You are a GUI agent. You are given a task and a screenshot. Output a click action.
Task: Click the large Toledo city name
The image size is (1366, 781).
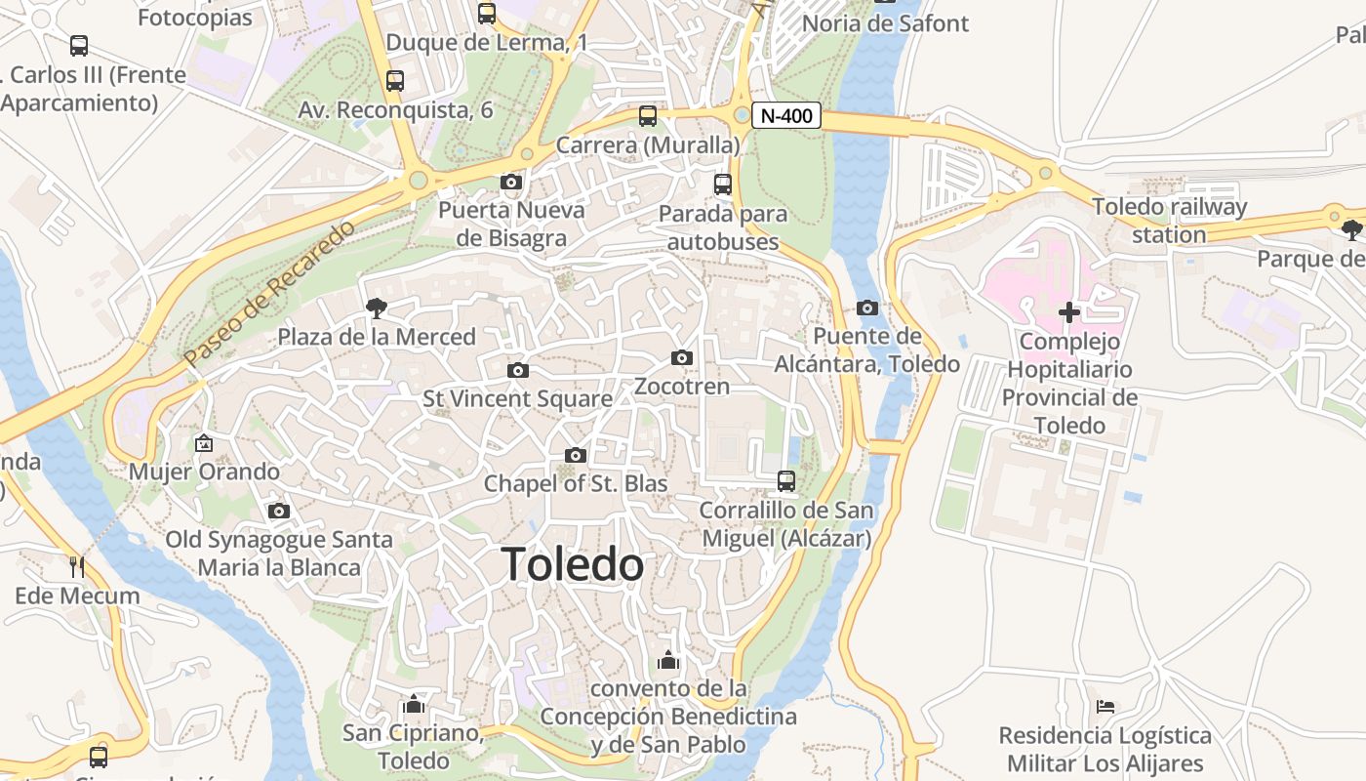pyautogui.click(x=573, y=565)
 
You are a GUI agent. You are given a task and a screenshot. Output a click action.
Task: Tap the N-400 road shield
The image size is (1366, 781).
pyautogui.click(x=785, y=115)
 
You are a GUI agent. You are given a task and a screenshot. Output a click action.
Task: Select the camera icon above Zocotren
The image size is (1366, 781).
pyautogui.click(x=682, y=358)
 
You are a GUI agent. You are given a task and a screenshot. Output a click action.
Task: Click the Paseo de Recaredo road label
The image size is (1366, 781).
pyautogui.click(x=270, y=295)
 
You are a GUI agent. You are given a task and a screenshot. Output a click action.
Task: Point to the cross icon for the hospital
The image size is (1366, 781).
pyautogui.click(x=1069, y=312)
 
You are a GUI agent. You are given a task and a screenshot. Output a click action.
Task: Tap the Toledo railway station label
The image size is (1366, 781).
pyautogui.click(x=1169, y=221)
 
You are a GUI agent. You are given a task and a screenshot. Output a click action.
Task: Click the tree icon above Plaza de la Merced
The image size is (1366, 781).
pyautogui.click(x=376, y=309)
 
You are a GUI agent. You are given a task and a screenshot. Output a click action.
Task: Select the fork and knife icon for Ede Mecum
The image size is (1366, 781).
pyautogui.click(x=77, y=567)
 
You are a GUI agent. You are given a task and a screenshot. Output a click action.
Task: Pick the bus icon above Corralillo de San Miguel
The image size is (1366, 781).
pyautogui.click(x=785, y=481)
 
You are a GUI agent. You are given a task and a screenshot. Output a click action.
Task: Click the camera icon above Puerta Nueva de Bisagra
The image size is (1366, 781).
pyautogui.click(x=510, y=182)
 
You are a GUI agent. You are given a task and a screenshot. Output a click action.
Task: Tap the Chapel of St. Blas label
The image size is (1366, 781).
pyautogui.click(x=576, y=483)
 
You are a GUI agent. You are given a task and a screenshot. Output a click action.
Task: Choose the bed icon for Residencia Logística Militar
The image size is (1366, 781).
pyautogui.click(x=1105, y=707)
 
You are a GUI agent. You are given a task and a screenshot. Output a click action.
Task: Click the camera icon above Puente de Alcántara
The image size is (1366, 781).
pyautogui.click(x=866, y=308)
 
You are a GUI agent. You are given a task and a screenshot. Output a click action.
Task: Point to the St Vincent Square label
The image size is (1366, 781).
pyautogui.click(x=517, y=398)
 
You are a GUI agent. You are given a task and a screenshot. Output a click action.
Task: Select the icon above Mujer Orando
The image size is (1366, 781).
pyautogui.click(x=204, y=443)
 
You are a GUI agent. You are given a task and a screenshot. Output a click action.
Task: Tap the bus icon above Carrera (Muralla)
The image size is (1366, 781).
pyautogui.click(x=648, y=116)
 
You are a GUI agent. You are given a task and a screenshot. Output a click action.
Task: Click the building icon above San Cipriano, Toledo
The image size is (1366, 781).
pyautogui.click(x=414, y=704)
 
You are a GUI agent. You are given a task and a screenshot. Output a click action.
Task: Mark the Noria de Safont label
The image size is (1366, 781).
pyautogui.click(x=885, y=22)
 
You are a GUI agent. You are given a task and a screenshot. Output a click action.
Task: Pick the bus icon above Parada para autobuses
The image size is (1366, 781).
pyautogui.click(x=723, y=185)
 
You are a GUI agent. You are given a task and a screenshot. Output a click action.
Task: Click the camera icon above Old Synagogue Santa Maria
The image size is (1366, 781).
pyautogui.click(x=278, y=511)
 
